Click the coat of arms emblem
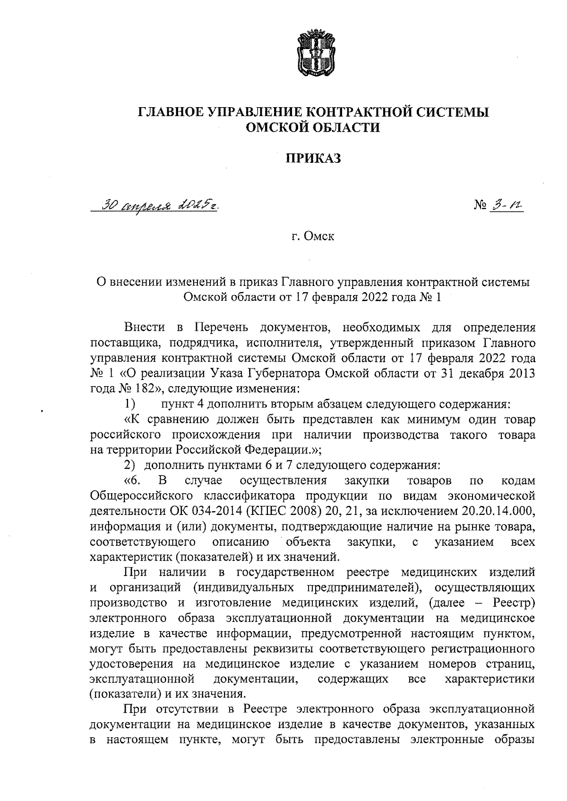pyautogui.click(x=312, y=55)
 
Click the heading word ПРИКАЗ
pyautogui.click(x=312, y=159)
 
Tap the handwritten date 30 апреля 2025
pyautogui.click(x=157, y=206)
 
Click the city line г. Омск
pyautogui.click(x=312, y=236)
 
